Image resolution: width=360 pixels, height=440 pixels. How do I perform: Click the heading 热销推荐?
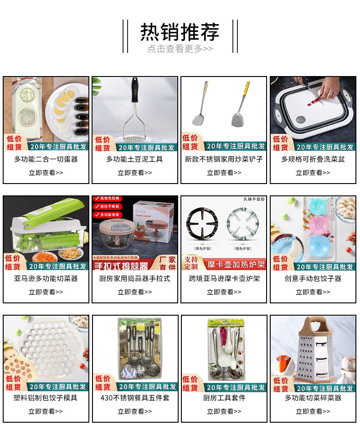pyautogui.click(x=180, y=32)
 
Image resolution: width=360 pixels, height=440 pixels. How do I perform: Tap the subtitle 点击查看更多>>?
pyautogui.click(x=180, y=49)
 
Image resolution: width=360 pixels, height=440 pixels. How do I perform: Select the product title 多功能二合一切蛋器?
pyautogui.click(x=46, y=159)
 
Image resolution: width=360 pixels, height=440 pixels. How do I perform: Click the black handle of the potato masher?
pyautogui.click(x=134, y=91)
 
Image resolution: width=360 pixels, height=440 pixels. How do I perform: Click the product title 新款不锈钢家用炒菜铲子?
pyautogui.click(x=224, y=159)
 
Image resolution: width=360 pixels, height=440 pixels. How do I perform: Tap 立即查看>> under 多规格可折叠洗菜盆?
pyautogui.click(x=313, y=173)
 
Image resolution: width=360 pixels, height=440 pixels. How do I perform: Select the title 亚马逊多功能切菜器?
pyautogui.click(x=46, y=279)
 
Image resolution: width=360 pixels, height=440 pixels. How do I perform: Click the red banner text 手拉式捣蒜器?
pyautogui.click(x=121, y=266)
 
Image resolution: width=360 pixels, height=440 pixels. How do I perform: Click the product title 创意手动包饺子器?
pyautogui.click(x=313, y=279)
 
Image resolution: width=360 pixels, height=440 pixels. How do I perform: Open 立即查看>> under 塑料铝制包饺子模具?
pyautogui.click(x=46, y=412)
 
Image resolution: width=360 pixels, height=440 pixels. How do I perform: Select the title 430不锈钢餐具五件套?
pyautogui.click(x=135, y=398)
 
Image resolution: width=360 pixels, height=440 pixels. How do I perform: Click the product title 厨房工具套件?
pyautogui.click(x=224, y=398)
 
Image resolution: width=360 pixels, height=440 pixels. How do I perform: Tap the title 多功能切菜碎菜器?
pyautogui.click(x=313, y=398)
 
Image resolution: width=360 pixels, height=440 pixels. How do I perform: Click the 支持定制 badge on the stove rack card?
pyautogui.click(x=191, y=262)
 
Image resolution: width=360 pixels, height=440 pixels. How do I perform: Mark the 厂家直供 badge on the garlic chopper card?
pyautogui.click(x=167, y=263)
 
